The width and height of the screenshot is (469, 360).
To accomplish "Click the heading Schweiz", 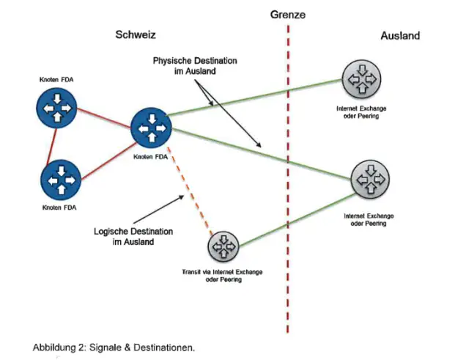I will [136, 35].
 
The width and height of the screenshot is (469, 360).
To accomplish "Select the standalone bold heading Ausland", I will [400, 36].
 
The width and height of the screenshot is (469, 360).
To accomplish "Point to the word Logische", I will [113, 231].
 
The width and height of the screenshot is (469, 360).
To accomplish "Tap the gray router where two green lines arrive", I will [370, 177].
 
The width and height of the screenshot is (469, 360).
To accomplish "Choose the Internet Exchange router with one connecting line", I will [361, 79].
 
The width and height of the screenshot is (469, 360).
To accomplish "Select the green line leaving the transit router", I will [293, 217].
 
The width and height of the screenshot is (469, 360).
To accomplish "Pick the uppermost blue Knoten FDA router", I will [56, 109].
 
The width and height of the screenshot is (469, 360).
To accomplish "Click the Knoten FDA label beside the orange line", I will [149, 155].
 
